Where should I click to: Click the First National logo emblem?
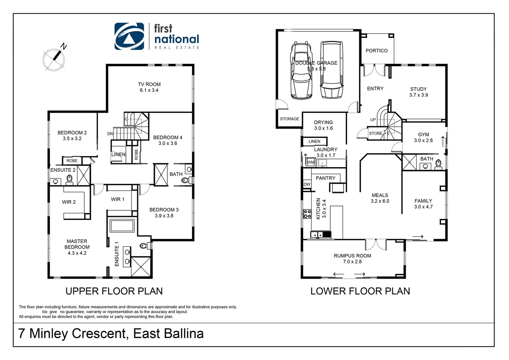coord(129,36)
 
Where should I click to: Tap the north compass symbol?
coord(54,58)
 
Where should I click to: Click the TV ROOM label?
coord(149,84)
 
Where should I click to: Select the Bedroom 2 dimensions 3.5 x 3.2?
coord(72,139)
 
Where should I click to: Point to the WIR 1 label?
coord(118,199)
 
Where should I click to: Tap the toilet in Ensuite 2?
coord(70,180)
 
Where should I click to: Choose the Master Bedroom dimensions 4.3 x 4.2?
coord(77,253)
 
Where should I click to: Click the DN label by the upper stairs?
coord(110,134)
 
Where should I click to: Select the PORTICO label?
coord(376,51)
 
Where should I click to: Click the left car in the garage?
coord(301,71)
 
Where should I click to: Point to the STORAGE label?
coord(289,119)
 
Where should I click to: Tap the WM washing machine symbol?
coord(310,162)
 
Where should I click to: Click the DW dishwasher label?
coord(307,184)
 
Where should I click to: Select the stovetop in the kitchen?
coord(307,214)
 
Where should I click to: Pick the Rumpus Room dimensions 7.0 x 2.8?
coord(352,262)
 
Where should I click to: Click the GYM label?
coord(423,135)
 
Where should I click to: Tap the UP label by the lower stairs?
coord(373,120)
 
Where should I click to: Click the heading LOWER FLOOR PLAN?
coord(360,291)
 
